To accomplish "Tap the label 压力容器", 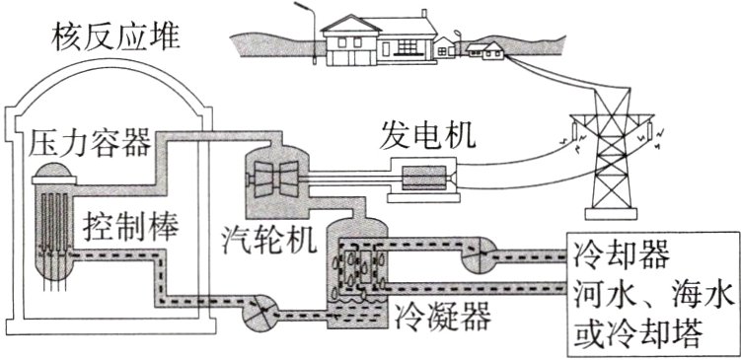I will coord(91,144).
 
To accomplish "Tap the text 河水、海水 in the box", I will coord(651,293).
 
